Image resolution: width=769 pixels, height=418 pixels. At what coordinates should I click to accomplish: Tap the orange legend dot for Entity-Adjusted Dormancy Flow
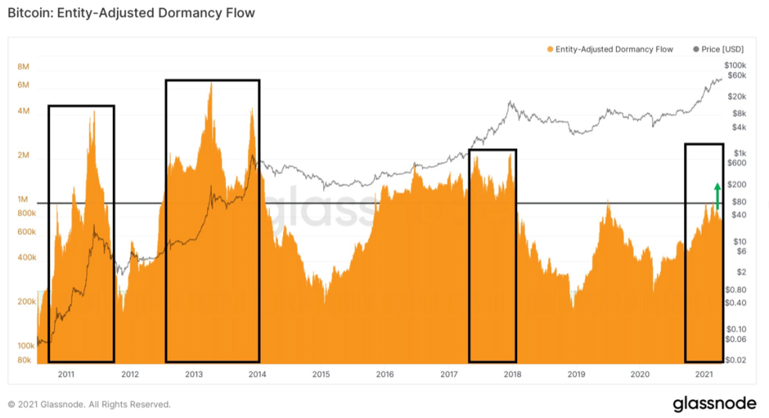[x=550, y=49]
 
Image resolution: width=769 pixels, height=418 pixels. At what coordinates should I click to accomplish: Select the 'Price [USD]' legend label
[x=722, y=49]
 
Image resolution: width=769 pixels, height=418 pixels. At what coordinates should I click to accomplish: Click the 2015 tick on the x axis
[x=320, y=375]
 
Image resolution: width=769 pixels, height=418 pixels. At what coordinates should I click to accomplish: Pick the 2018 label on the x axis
[x=512, y=375]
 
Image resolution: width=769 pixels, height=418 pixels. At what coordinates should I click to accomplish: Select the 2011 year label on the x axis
[x=66, y=375]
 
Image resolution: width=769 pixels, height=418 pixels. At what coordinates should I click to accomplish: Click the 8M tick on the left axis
[x=24, y=67]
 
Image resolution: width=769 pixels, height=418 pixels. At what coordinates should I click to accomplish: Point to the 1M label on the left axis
[x=24, y=200]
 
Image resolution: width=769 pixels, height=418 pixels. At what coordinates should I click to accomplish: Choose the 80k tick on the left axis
[x=24, y=361]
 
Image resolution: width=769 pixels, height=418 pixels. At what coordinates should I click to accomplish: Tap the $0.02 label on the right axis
[x=736, y=361]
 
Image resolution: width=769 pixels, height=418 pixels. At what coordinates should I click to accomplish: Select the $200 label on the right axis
[x=738, y=184]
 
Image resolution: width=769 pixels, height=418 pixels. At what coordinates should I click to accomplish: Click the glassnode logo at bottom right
[x=713, y=404]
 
